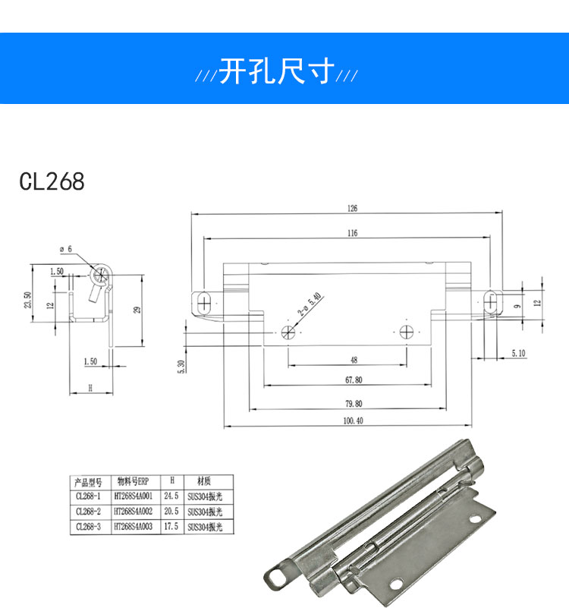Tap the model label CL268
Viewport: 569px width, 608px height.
tap(52, 182)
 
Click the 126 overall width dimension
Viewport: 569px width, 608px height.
tap(353, 208)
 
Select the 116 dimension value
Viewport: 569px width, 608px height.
tap(353, 233)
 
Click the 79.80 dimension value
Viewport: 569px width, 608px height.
tap(353, 404)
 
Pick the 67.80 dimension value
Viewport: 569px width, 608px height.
tap(353, 380)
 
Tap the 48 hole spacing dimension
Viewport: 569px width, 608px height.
tap(354, 361)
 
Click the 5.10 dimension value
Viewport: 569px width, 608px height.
tap(519, 353)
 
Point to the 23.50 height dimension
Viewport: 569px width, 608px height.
tap(28, 301)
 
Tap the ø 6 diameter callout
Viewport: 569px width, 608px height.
tap(65, 249)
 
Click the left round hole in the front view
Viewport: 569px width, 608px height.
tap(289, 331)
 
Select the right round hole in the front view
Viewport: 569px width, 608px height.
tap(407, 331)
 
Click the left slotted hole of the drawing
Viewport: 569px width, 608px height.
tap(204, 302)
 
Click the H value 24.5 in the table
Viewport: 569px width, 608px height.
tap(171, 496)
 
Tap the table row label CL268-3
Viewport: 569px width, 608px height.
tap(90, 527)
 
